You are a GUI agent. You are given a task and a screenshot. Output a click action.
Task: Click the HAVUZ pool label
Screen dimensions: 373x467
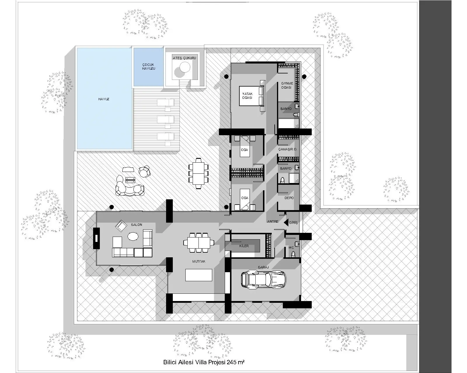[104, 99]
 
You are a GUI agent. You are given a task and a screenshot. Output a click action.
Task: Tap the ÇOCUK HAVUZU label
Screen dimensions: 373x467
[149, 66]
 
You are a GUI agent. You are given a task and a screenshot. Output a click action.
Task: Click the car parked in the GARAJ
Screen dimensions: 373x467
[263, 279]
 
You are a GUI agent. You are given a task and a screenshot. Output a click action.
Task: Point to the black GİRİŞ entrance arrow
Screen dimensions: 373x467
[286, 222]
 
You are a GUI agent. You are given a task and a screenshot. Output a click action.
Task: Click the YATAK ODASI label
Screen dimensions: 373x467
[247, 96]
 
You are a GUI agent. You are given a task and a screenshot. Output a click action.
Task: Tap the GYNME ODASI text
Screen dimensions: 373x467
[287, 85]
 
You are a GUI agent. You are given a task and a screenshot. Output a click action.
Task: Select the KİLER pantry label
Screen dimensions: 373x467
[244, 246]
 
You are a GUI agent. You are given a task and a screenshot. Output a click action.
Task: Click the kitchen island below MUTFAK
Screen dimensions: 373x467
[198, 275]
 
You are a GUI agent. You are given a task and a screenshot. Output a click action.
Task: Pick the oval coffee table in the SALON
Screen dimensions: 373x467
[133, 236]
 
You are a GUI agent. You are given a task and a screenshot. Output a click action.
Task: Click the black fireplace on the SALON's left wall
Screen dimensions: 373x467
[96, 238]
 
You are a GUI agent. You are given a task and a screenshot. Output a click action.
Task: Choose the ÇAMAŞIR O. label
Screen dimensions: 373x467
[287, 149]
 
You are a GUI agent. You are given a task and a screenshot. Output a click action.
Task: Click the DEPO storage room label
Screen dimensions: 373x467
[289, 198]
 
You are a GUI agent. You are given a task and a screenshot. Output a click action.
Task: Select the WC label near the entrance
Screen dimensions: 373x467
[291, 248]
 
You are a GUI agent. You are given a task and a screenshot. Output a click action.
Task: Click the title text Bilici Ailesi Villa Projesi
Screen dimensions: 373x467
[203, 363]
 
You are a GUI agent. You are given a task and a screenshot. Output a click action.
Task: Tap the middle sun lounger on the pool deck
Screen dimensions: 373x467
[165, 119]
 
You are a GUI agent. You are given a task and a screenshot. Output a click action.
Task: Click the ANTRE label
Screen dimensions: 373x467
[273, 221]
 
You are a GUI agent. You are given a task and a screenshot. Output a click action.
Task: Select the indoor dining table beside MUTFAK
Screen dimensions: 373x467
[198, 242]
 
